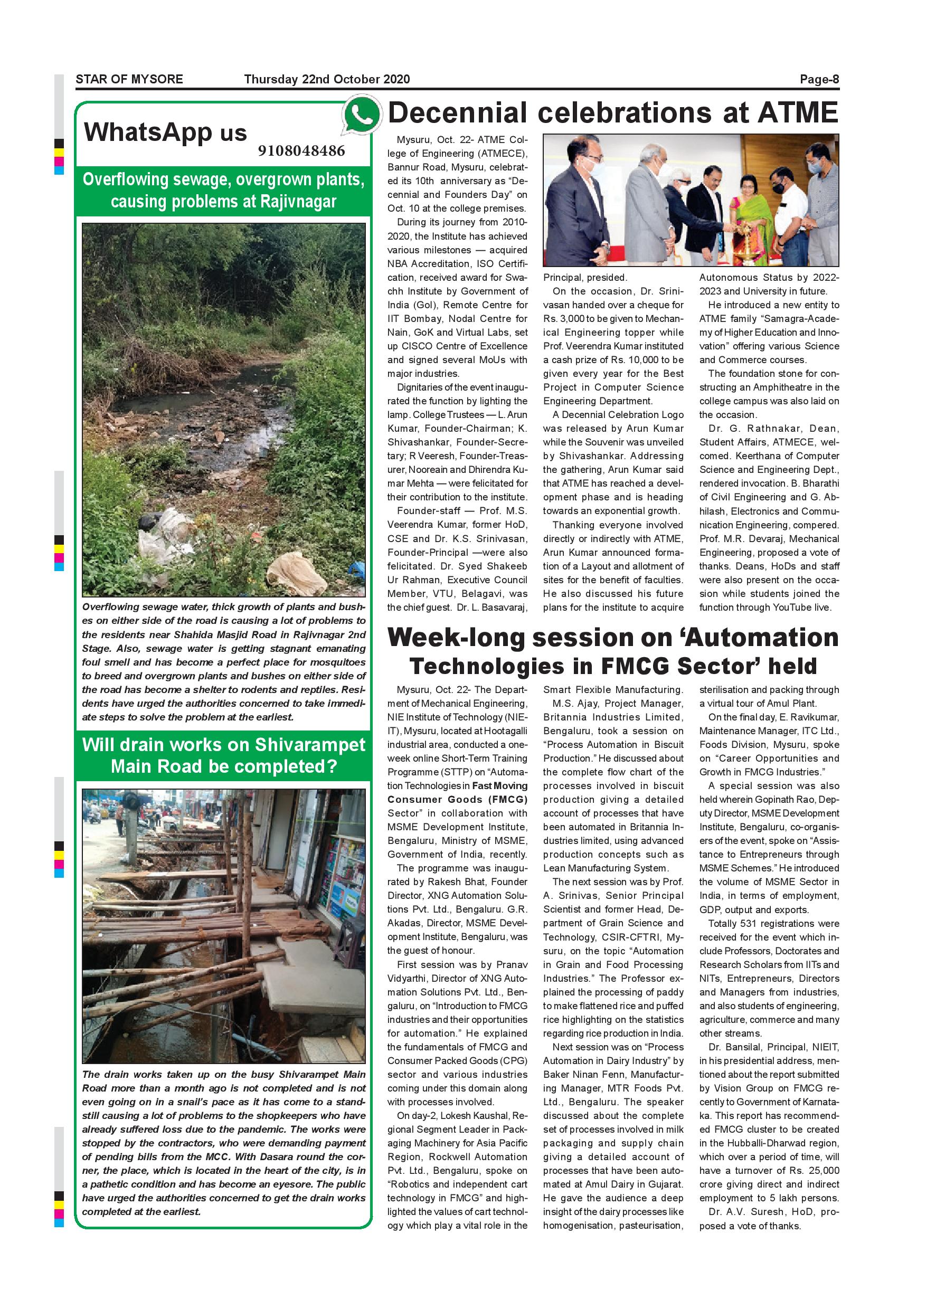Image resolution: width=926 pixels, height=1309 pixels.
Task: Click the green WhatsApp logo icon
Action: pyautogui.click(x=361, y=115)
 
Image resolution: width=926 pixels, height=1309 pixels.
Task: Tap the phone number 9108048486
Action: pyautogui.click(x=301, y=151)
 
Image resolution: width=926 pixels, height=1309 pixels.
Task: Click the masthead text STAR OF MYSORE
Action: pyautogui.click(x=129, y=79)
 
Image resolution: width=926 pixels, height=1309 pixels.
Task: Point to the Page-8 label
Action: pyautogui.click(x=819, y=79)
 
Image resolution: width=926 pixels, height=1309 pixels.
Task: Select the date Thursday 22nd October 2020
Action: pyautogui.click(x=327, y=79)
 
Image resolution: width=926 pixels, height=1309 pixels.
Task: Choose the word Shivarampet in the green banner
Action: pyautogui.click(x=309, y=745)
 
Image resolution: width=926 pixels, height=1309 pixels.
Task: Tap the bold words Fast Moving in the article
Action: pyautogui.click(x=499, y=785)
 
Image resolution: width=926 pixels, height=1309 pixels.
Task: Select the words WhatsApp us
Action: pyautogui.click(x=165, y=132)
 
